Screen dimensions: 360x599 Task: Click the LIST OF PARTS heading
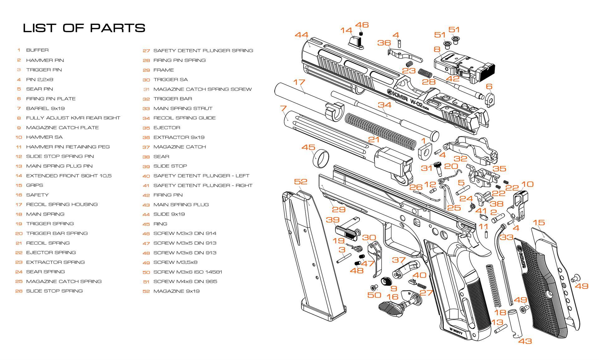point(84,28)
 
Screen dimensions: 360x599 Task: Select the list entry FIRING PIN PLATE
point(51,99)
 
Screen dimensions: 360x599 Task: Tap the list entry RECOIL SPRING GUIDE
point(184,118)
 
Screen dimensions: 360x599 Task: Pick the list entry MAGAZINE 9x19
point(176,291)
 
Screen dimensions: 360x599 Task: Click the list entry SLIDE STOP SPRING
point(54,291)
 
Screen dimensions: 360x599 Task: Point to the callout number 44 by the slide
point(301,35)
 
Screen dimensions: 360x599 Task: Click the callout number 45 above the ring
point(308,147)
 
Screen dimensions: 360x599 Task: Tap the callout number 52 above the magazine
point(300,182)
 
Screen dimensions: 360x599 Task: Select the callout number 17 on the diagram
point(299,82)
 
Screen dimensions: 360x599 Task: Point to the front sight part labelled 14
point(356,42)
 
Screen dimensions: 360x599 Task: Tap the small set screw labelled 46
point(361,34)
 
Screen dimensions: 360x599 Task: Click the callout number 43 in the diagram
point(525,341)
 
